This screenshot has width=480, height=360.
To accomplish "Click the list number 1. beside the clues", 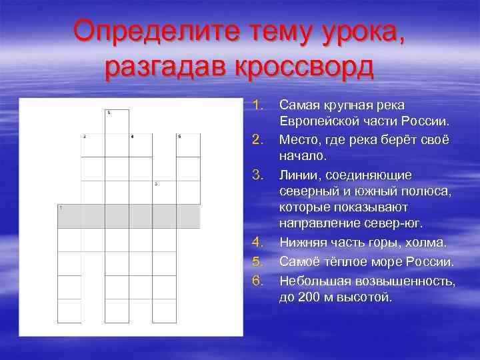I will coord(259,105).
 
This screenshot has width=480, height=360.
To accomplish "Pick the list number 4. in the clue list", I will coord(259,243).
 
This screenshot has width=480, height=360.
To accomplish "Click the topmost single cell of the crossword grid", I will coord(117,121).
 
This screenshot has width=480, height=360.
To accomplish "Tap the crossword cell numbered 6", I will coord(188,145).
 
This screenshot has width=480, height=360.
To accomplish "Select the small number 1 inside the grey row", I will coord(61,208).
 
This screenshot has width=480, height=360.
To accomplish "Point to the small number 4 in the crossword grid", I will coord(132,137).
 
